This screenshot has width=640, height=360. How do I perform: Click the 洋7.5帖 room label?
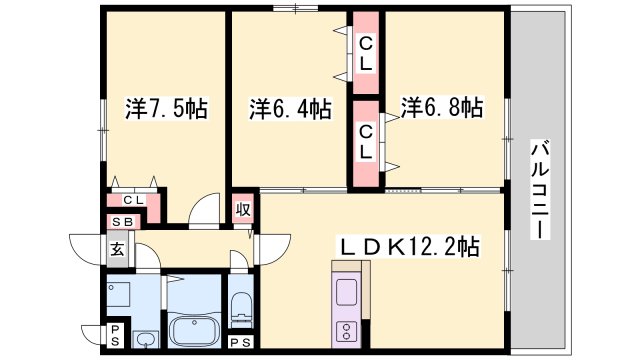click(167, 108)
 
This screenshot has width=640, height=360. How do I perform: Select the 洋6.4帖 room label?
click(291, 108)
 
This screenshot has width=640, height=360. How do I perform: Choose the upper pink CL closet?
click(366, 54)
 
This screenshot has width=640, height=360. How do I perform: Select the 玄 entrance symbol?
click(117, 250)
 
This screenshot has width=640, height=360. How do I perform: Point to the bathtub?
click(193, 327)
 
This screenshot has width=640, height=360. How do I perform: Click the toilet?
click(241, 308)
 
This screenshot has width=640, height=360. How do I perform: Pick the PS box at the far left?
click(116, 333)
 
